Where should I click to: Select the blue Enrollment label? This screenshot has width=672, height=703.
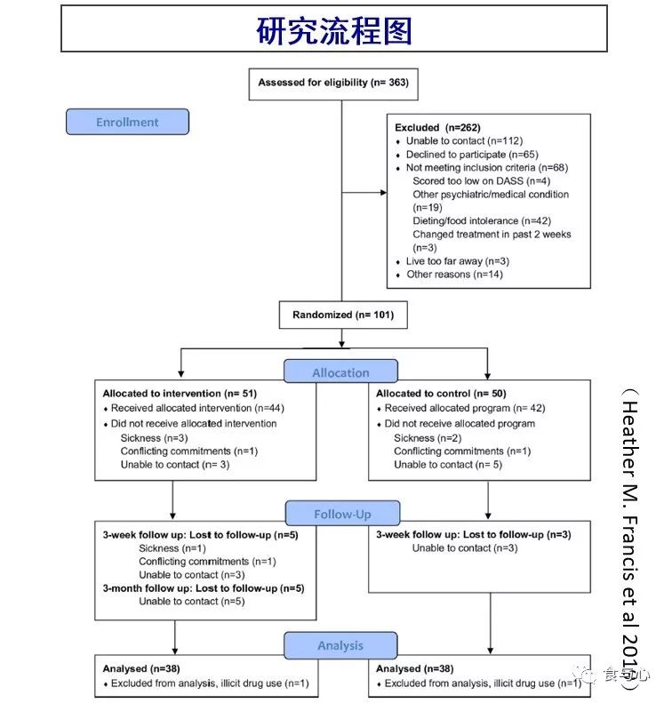click(x=127, y=122)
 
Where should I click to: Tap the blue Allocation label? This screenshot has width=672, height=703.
click(x=340, y=372)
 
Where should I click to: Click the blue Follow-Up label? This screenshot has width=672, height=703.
click(x=341, y=514)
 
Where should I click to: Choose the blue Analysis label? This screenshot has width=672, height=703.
click(x=340, y=645)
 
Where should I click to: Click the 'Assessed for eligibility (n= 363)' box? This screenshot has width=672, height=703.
click(x=332, y=83)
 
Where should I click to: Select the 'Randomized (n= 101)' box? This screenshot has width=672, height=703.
click(x=337, y=315)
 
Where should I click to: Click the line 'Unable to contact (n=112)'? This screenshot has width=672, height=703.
click(x=463, y=141)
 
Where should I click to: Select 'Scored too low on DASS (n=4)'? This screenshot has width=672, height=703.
click(x=480, y=181)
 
